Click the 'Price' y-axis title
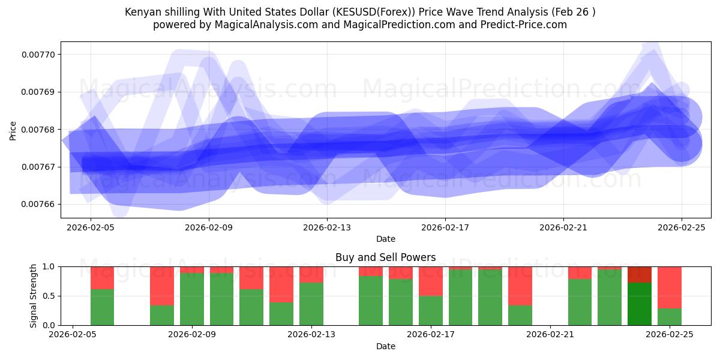[x=13, y=130]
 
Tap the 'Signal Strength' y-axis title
[x=34, y=295]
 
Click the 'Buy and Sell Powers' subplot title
[x=385, y=257]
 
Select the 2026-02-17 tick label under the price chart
[x=445, y=228]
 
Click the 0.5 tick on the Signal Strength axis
[x=49, y=296]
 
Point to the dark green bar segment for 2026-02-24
[x=639, y=304]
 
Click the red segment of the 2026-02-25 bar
[x=669, y=287]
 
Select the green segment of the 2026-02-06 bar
[x=102, y=307]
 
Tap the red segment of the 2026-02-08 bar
[x=161, y=286]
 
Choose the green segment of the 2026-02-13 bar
[x=311, y=304]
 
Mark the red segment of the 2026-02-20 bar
[x=520, y=286]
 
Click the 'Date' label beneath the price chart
[x=385, y=239]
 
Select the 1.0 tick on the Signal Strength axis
[x=49, y=266]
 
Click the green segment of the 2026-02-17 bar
[x=430, y=310]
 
